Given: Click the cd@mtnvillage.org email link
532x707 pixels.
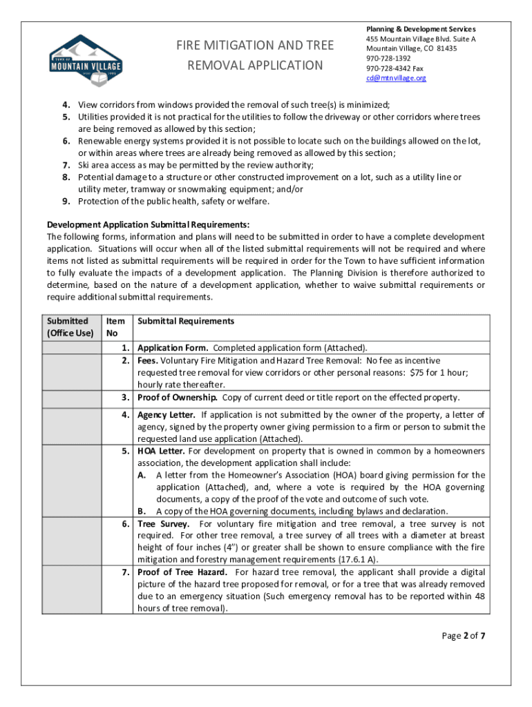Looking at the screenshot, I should (x=396, y=78).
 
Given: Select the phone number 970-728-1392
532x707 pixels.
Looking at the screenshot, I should (x=388, y=59).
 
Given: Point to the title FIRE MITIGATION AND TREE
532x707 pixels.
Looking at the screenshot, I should (x=255, y=46).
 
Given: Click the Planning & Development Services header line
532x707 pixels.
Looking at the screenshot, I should (x=421, y=29).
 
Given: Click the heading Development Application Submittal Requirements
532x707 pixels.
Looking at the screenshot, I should (x=148, y=224).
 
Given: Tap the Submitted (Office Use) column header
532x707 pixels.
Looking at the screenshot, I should (x=70, y=327).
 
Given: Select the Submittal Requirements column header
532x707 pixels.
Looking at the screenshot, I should (x=186, y=321).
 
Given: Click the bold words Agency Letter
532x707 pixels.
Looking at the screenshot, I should (x=166, y=415).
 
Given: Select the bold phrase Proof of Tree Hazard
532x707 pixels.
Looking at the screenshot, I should (x=183, y=572).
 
